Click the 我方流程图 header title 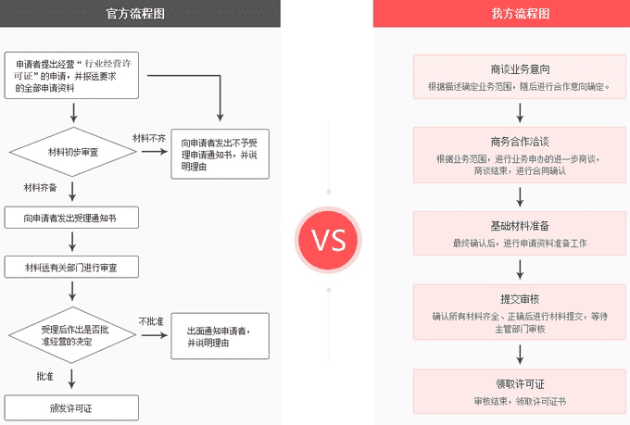tap(520, 13)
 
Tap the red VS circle tap(328, 242)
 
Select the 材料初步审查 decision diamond tap(71, 151)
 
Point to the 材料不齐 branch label tap(148, 137)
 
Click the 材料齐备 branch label tap(41, 187)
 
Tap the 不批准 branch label tap(151, 320)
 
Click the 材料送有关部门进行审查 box tap(71, 268)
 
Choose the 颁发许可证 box tap(71, 406)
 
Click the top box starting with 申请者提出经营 tap(71, 75)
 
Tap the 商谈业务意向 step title tap(520, 69)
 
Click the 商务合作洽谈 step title tap(520, 142)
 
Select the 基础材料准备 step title tap(520, 226)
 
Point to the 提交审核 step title tap(520, 299)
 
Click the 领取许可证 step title tap(520, 384)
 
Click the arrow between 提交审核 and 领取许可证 tap(520, 352)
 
